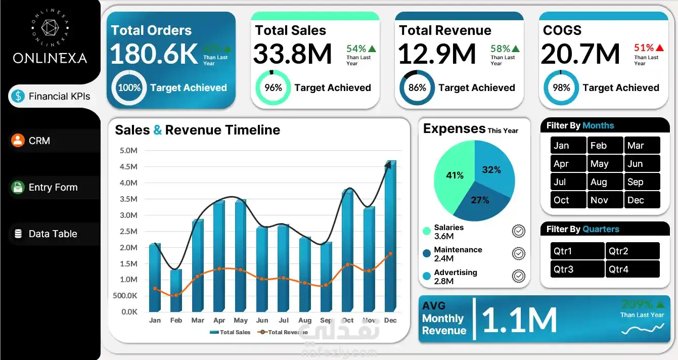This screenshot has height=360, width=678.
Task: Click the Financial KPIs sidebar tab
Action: tap(53, 96)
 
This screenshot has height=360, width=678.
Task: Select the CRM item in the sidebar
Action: tap(39, 141)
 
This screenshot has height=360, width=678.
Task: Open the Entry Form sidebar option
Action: tap(53, 187)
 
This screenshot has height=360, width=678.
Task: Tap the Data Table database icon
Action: tap(18, 234)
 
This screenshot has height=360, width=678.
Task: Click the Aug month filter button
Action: tap(605, 182)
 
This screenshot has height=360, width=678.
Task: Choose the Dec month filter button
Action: tap(642, 200)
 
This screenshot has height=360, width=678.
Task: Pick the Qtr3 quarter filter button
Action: tap(577, 269)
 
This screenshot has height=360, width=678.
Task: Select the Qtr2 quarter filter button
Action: tap(632, 251)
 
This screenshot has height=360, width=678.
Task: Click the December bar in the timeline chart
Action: tap(389, 238)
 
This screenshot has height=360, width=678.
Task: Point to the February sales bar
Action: tap(175, 291)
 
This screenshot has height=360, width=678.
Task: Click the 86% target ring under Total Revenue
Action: tap(417, 87)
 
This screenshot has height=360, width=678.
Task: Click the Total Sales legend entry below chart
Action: tap(230, 332)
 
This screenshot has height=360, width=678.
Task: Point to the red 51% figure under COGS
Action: tap(644, 48)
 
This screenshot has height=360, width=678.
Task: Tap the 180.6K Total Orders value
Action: tap(153, 54)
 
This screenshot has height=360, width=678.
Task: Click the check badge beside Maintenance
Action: tap(518, 253)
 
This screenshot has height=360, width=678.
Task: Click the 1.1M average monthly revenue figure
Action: tap(519, 320)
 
